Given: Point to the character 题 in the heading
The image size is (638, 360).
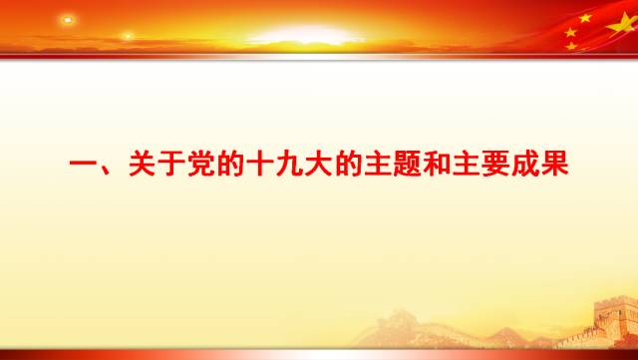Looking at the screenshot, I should [409, 165].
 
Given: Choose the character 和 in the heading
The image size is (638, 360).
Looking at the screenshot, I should [439, 165].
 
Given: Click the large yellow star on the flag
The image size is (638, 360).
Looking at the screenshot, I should [585, 21].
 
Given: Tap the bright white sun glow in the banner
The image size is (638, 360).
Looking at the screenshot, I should [305, 36].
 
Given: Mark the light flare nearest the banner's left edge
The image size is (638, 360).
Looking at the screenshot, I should [68, 20].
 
